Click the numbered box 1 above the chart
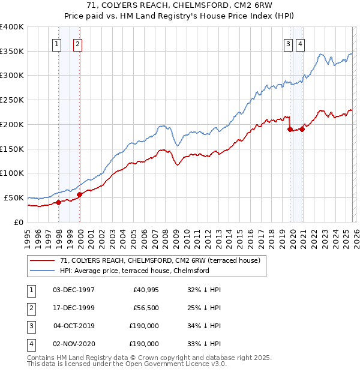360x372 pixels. [56, 43]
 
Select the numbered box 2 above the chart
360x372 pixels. [78, 43]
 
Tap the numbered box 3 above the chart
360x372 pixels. [288, 43]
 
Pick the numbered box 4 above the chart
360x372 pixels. [299, 43]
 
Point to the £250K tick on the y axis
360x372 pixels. [12, 100]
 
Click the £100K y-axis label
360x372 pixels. [12, 173]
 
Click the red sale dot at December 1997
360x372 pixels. [59, 202]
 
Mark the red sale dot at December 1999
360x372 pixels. [80, 194]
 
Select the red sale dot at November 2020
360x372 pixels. [302, 129]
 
